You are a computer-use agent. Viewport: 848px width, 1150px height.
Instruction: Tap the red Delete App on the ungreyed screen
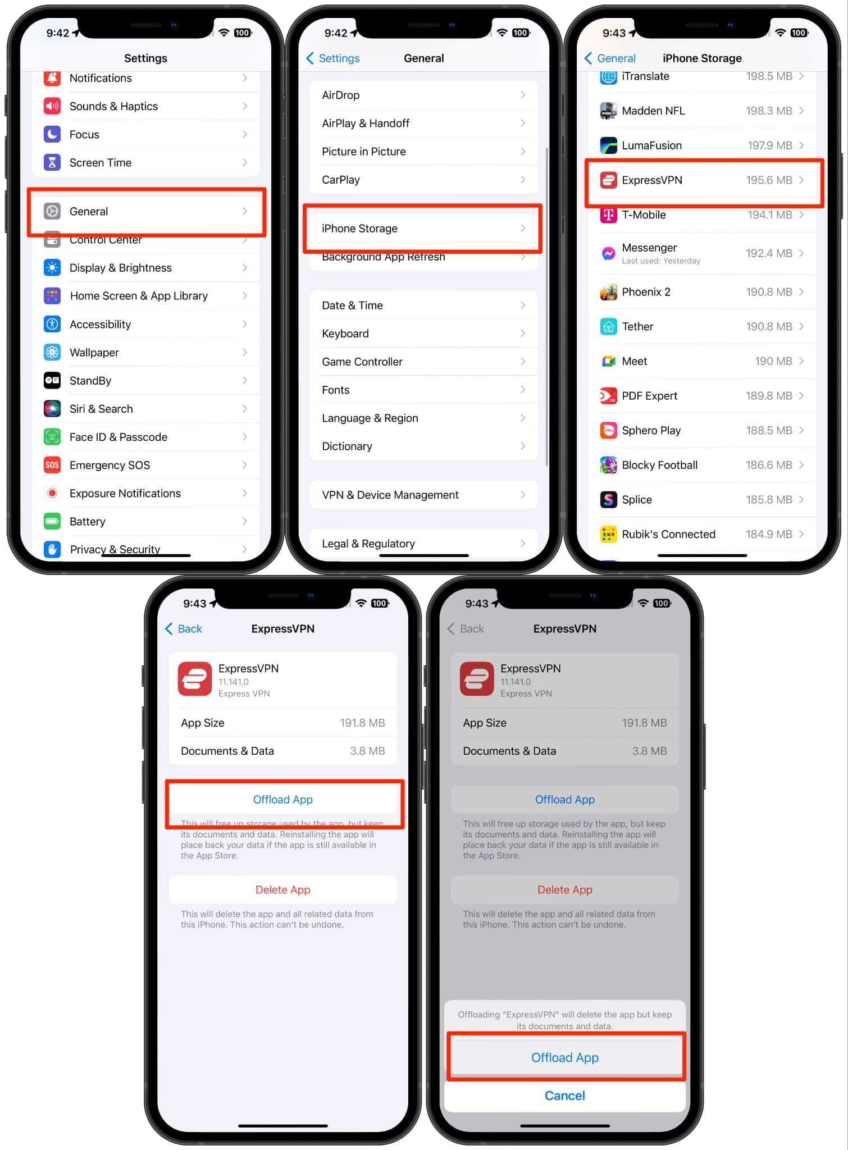(282, 889)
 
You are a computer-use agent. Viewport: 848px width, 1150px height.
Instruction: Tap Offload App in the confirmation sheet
(564, 1057)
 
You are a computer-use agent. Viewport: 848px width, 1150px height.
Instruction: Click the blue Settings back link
(334, 58)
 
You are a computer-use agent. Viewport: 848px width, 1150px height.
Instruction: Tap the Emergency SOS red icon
(52, 465)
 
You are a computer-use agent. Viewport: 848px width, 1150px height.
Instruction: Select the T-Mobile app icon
(608, 215)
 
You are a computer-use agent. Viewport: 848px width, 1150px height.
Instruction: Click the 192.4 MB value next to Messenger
(768, 253)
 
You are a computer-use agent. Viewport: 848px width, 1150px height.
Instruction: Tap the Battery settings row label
(88, 522)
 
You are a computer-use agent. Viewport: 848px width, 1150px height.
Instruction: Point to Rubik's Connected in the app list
(668, 534)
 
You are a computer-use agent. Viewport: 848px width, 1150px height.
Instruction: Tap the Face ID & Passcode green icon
(52, 437)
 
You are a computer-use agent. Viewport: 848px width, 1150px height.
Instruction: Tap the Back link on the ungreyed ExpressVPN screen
(184, 629)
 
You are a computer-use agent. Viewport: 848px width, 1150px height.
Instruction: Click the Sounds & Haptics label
(113, 106)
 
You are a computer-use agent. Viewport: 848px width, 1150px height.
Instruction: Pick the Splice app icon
(608, 500)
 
